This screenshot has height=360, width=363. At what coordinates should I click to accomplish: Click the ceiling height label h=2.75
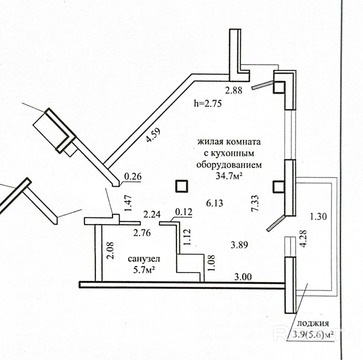coord(208,103)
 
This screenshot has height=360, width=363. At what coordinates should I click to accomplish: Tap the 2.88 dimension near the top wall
coord(234,90)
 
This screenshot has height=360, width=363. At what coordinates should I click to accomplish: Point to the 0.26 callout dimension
coord(133,177)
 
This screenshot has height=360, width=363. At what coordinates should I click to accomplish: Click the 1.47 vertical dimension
coord(128,203)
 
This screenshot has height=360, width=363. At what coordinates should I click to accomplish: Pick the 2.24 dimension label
coord(152,214)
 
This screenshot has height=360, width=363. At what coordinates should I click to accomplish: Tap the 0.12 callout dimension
coord(184,212)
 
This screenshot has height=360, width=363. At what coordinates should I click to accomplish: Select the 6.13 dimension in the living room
coord(214,203)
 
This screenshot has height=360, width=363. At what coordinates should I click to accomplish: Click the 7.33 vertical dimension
coord(255,203)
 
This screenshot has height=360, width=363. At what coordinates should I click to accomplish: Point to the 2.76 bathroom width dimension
coord(142,233)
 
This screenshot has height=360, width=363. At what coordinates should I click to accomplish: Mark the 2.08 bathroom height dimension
coord(111,250)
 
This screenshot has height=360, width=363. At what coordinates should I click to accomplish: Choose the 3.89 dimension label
coord(239,245)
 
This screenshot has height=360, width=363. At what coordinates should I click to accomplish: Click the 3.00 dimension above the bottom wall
coord(243,277)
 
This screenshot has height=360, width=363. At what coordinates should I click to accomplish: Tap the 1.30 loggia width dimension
coord(318,217)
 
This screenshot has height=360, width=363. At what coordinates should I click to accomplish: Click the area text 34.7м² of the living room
coord(229,176)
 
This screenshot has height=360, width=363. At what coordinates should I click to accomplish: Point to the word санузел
coord(144,259)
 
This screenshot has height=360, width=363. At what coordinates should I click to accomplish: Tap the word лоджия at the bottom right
coord(313,323)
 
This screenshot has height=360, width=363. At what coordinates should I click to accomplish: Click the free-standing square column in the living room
coord(182,186)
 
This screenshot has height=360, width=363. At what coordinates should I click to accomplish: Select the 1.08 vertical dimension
coord(211,263)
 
